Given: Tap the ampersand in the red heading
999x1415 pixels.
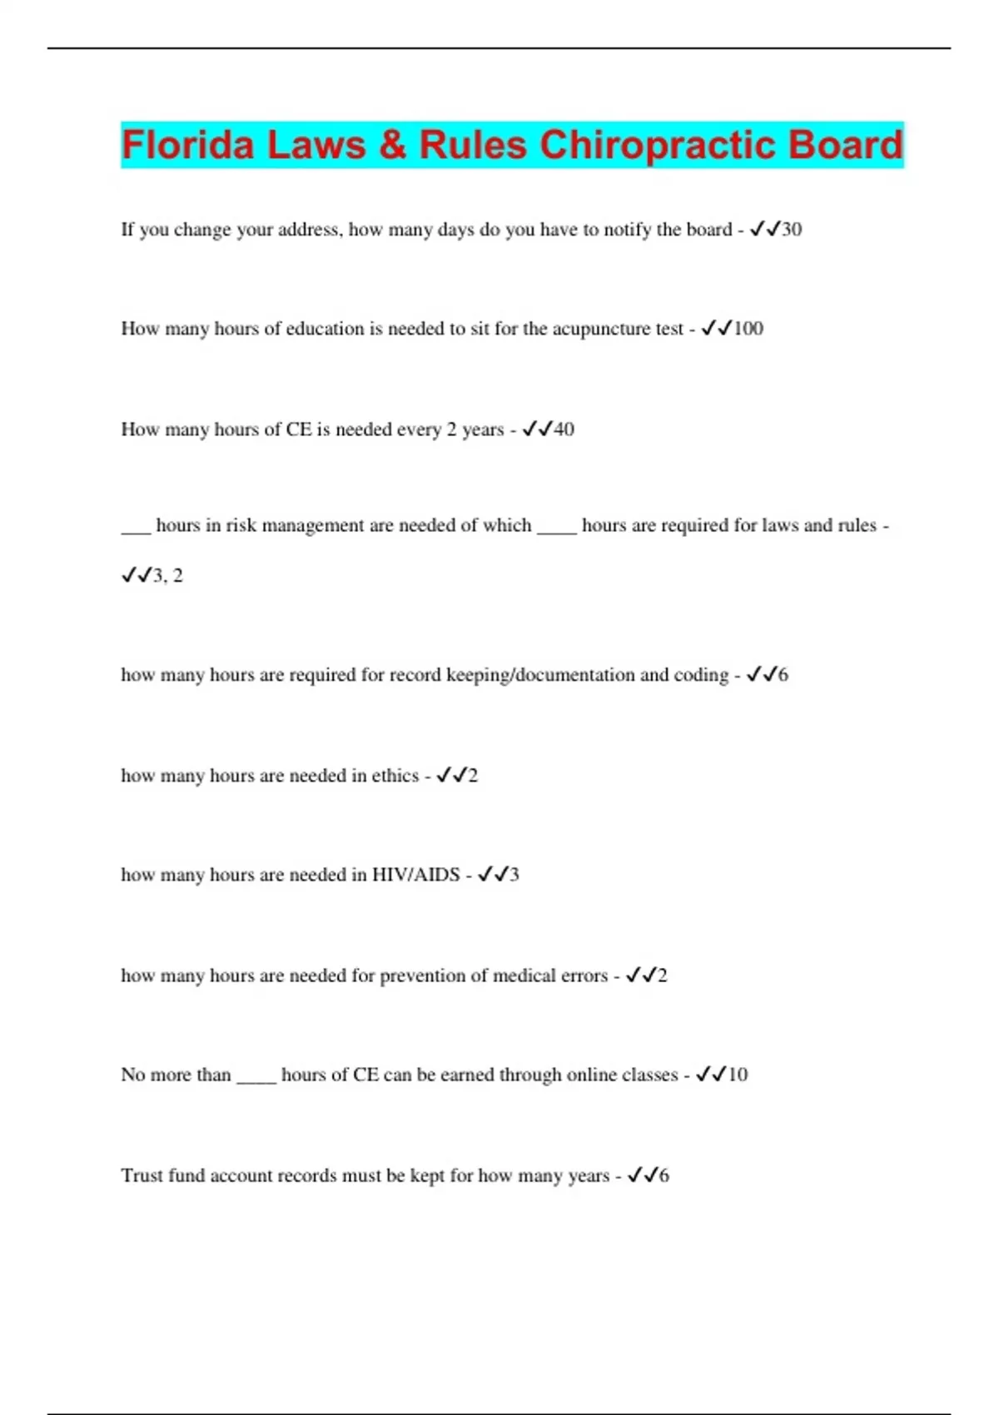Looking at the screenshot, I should click(392, 145).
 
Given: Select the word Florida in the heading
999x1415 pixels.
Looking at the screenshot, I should click(187, 145).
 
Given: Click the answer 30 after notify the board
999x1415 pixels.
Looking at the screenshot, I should click(791, 230).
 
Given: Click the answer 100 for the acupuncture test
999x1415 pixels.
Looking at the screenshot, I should click(748, 329).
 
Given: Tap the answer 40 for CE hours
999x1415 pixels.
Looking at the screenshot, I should click(564, 429).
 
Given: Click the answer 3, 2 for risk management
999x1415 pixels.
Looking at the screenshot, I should click(167, 575).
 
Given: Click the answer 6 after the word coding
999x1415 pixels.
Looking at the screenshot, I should click(783, 675).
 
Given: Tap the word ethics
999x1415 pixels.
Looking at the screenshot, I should click(395, 776).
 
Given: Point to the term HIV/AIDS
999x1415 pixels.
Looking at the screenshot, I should click(415, 875).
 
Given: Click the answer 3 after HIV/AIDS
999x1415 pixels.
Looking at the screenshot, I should click(514, 875).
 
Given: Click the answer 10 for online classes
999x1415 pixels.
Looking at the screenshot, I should click(738, 1075).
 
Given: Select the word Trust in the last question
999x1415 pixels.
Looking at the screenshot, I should click(142, 1175).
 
